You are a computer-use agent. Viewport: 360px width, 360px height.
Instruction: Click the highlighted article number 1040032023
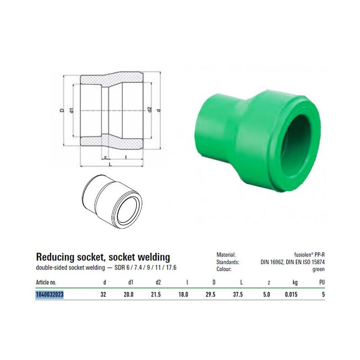[49, 294]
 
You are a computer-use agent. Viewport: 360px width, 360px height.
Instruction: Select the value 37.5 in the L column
[238, 294]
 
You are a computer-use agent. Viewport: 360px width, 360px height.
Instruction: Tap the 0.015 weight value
[291, 294]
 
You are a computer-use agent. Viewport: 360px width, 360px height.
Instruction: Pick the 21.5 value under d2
[156, 294]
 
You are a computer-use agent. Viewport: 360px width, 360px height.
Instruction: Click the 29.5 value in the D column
[211, 294]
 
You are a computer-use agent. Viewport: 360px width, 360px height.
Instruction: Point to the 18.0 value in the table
[183, 294]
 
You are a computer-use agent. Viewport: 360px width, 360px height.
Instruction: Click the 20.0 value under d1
[129, 294]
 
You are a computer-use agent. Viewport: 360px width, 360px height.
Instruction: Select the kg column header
[295, 283]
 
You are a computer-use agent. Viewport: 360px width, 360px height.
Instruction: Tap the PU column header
[322, 282]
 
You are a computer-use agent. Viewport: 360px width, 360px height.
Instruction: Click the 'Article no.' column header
[46, 282]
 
